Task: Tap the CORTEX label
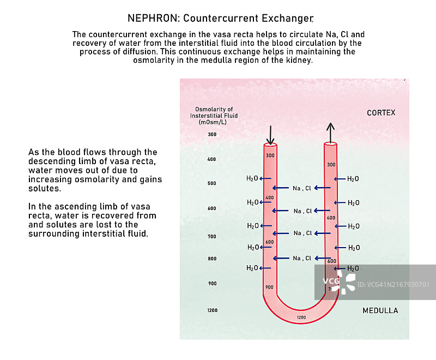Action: pyautogui.click(x=381, y=113)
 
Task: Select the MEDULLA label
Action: pyautogui.click(x=380, y=310)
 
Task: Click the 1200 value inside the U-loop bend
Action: pyautogui.click(x=301, y=317)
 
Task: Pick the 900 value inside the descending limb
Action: pyautogui.click(x=269, y=287)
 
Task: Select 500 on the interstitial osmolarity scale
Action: pyautogui.click(x=212, y=183)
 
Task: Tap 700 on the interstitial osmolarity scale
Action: pyautogui.click(x=212, y=237)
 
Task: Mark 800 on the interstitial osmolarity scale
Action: pyautogui.click(x=212, y=259)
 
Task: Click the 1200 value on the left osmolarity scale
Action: pyautogui.click(x=212, y=310)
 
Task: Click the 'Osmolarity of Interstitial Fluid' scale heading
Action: pyautogui.click(x=214, y=116)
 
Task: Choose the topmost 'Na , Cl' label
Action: pyautogui.click(x=302, y=188)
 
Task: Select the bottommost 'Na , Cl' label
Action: pyautogui.click(x=302, y=258)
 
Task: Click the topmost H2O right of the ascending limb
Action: pyautogui.click(x=353, y=179)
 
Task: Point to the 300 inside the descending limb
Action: pyautogui.click(x=270, y=155)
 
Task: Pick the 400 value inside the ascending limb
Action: pyautogui.click(x=331, y=218)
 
